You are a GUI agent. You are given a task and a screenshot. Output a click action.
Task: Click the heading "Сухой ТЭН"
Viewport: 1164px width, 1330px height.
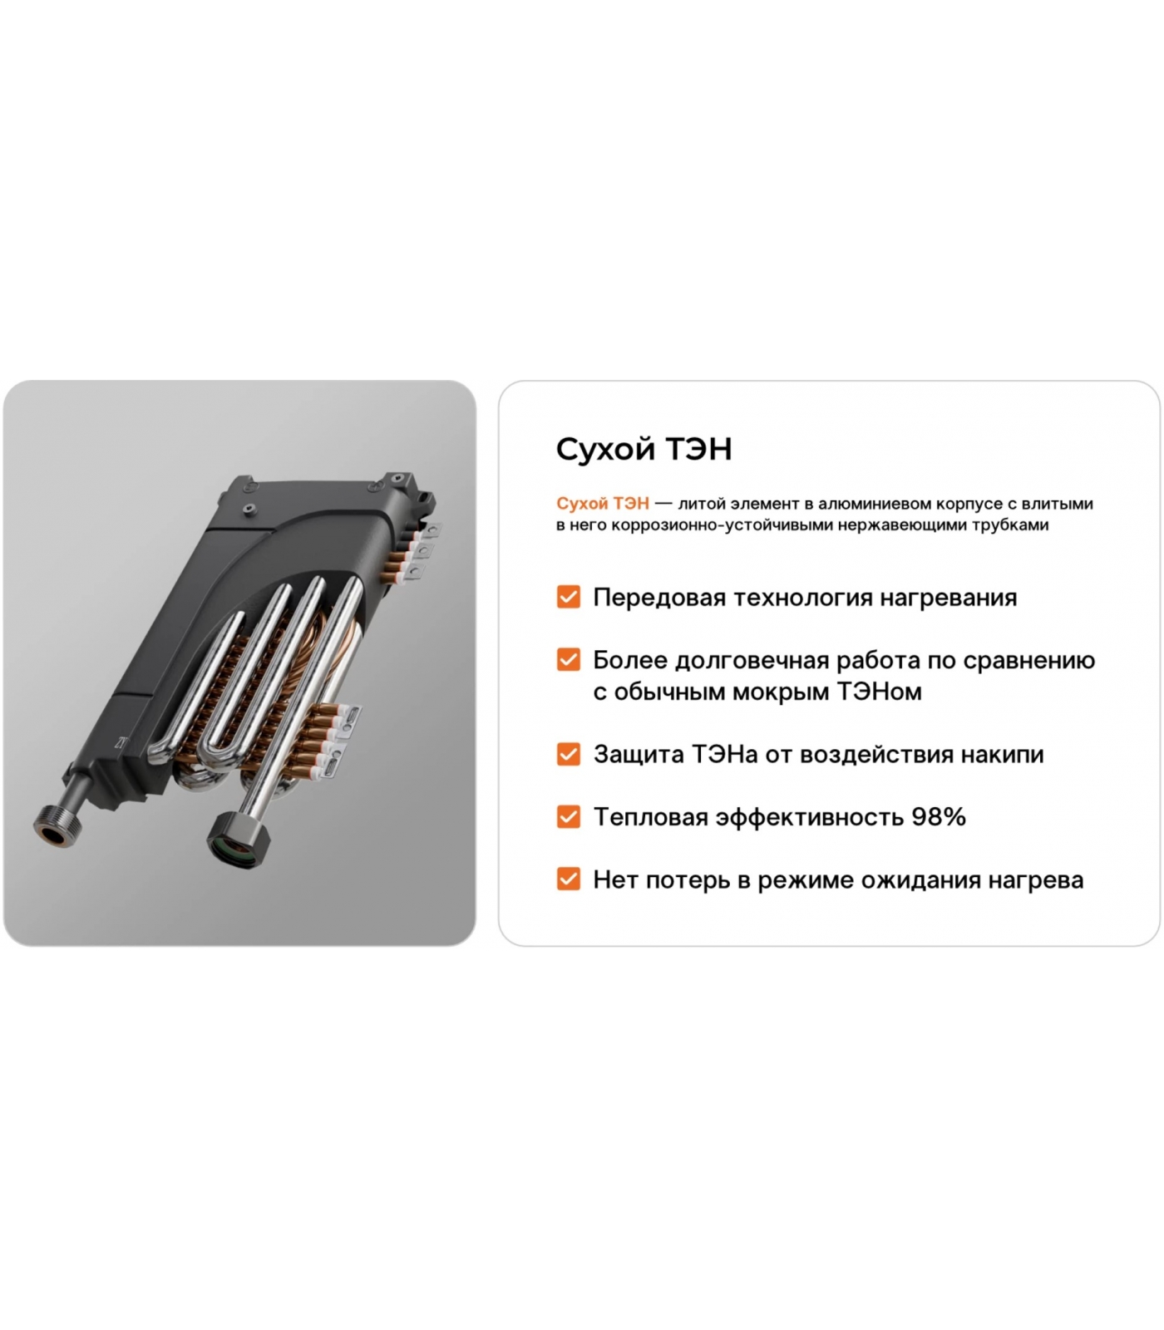(644, 449)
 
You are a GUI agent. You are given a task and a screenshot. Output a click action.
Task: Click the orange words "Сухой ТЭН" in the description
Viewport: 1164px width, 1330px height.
(603, 504)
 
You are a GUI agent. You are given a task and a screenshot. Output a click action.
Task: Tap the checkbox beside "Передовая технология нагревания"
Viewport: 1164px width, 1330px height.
(569, 597)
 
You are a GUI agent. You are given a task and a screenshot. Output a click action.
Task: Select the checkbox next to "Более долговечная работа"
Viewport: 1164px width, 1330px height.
(569, 659)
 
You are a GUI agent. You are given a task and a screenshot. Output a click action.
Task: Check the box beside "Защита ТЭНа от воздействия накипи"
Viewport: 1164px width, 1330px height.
(569, 754)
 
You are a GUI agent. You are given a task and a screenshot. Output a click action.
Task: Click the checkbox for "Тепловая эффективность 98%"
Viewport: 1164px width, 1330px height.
(569, 816)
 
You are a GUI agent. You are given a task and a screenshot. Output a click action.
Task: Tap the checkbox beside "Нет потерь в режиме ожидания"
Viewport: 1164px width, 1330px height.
(569, 879)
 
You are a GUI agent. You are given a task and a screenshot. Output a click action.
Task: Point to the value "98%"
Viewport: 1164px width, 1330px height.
(939, 817)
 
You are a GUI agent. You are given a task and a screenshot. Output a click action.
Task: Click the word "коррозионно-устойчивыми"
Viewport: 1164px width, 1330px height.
(706, 526)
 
